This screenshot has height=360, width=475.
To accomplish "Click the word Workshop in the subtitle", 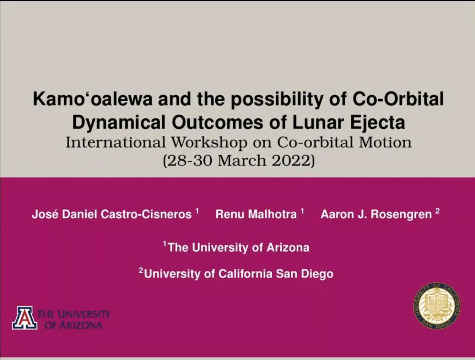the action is click(209, 142).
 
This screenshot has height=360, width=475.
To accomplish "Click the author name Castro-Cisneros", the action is click(146, 214).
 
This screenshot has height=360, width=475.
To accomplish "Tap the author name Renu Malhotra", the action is click(256, 214).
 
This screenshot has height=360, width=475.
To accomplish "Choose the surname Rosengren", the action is click(401, 214).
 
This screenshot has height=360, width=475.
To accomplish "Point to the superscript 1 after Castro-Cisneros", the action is click(197, 211).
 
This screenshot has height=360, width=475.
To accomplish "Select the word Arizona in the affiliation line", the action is click(288, 247).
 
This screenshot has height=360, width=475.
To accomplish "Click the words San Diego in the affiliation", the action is click(304, 274).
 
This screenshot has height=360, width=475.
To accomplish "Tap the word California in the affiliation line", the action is click(245, 274).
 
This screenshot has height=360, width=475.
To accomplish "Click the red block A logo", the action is click(25, 318).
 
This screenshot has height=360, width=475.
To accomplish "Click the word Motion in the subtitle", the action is click(385, 142).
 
